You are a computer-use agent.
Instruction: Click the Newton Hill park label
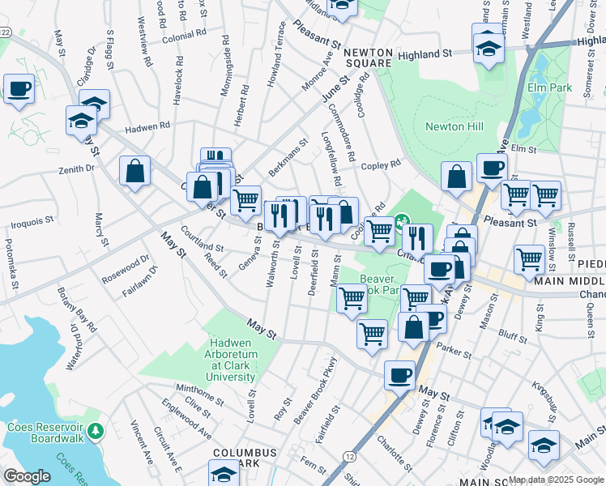pyautogui.click(x=454, y=126)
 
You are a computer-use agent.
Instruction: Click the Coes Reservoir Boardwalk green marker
pyautogui.click(x=96, y=428)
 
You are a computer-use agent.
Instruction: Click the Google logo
pyautogui.click(x=27, y=476)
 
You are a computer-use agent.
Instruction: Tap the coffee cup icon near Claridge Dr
pyautogui.click(x=19, y=88)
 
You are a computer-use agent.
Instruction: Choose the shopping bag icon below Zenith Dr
pyautogui.click(x=134, y=171)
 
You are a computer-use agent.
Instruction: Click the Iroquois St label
pyautogui.click(x=32, y=219)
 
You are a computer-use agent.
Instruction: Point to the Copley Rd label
pyautogui.click(x=381, y=164)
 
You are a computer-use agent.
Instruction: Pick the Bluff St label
pyautogui.click(x=513, y=330)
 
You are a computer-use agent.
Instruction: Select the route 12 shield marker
pyautogui.click(x=349, y=457)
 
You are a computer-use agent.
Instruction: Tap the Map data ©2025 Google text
pyautogui.click(x=556, y=480)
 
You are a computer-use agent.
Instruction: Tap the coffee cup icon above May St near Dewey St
pyautogui.click(x=399, y=374)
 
